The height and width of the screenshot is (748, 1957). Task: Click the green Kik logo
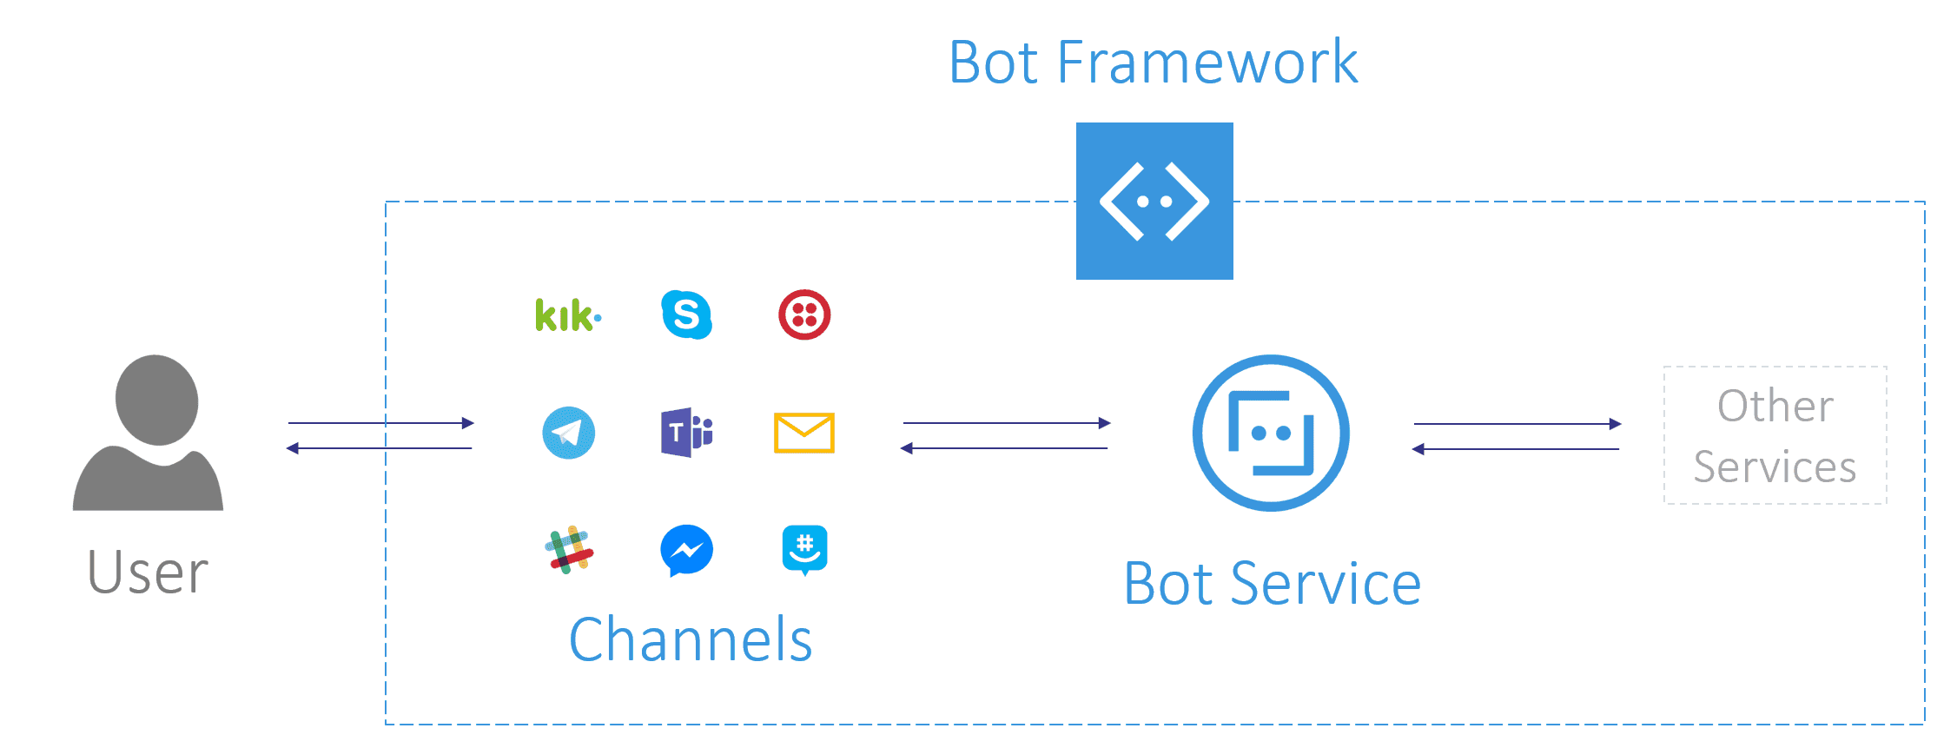pos(567,315)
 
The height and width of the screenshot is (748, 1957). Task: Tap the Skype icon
pos(686,314)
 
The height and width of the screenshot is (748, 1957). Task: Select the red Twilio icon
pos(804,314)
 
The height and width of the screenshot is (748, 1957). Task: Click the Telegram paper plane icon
pos(568,433)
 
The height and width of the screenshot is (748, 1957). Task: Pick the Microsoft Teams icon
pos(686,432)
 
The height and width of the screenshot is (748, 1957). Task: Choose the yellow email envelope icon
pos(804,433)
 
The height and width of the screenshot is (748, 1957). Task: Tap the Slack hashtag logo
pos(569,550)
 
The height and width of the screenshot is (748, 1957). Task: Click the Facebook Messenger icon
pos(686,550)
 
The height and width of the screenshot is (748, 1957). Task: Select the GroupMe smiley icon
pos(804,550)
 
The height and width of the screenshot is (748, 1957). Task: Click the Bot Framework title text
pos(1153,63)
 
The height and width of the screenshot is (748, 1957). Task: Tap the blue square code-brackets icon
pos(1154,201)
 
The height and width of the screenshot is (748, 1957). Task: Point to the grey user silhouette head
pos(157,400)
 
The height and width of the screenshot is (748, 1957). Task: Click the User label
pos(149,573)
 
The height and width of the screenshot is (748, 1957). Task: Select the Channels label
pos(691,640)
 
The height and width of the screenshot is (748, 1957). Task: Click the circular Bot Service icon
pos(1271,433)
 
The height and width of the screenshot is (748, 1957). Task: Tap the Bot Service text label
pos(1272,584)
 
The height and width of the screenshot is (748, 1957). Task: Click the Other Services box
pos(1775,435)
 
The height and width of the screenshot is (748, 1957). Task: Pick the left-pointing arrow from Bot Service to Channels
pos(1004,448)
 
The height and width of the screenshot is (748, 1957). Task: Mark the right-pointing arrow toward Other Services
pos(1517,424)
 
